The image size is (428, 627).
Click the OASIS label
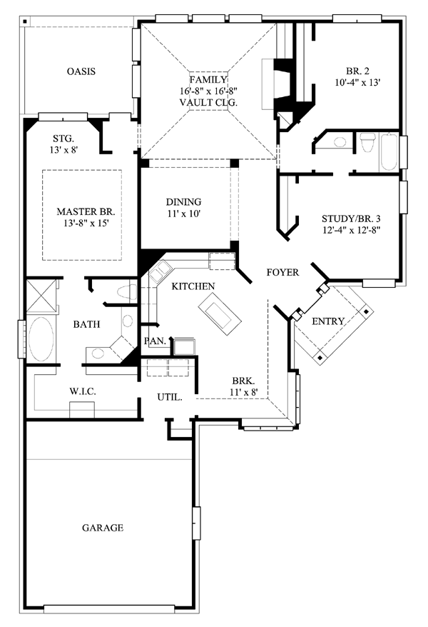point(81,71)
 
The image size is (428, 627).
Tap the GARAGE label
point(103,528)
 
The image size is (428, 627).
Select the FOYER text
point(282,272)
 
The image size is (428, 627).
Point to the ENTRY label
point(328,321)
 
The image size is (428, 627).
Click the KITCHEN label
point(193,286)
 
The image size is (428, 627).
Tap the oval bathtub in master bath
point(41,338)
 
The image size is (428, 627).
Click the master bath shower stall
point(41,296)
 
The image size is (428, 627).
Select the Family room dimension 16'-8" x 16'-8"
point(208,91)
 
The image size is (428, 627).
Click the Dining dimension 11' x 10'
point(183,214)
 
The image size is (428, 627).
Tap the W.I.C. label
point(83,391)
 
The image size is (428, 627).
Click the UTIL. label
point(170,398)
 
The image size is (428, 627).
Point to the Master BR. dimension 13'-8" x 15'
point(86,223)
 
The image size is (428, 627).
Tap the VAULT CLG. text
point(208,102)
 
